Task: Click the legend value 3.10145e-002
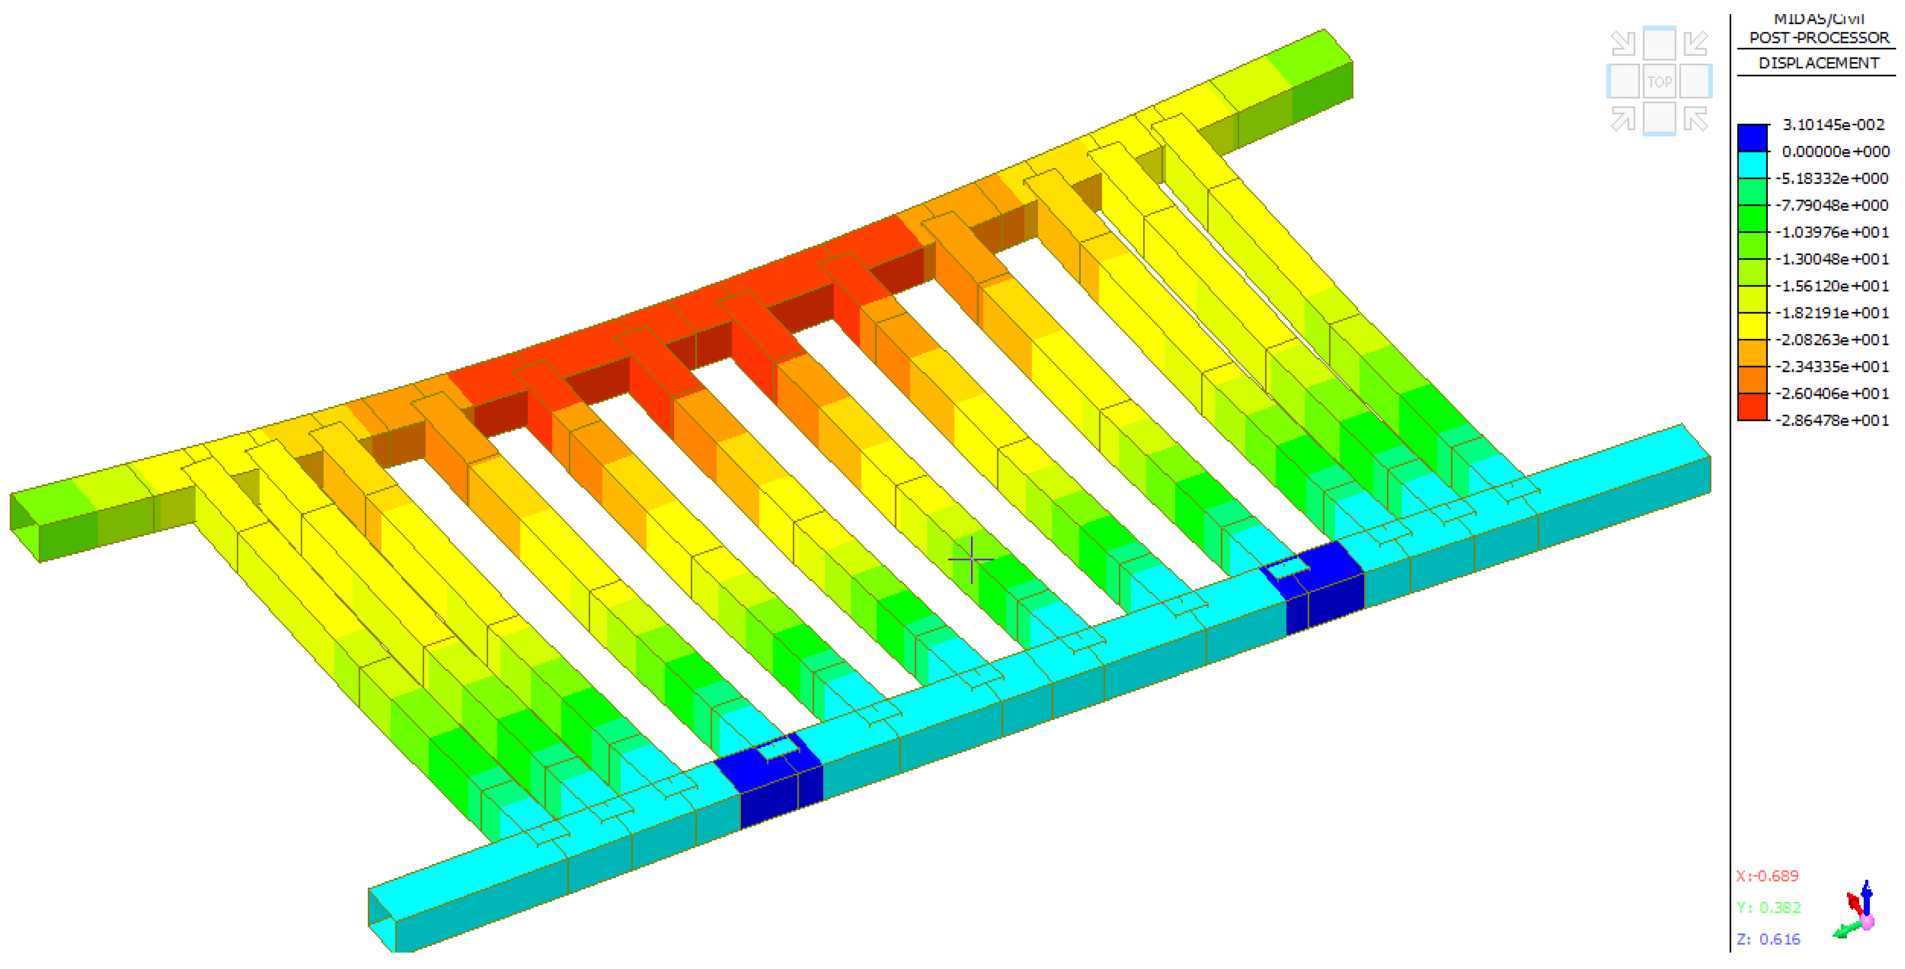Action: click(x=1833, y=124)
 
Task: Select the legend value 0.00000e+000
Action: click(x=1836, y=151)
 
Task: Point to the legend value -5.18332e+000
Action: click(x=1832, y=178)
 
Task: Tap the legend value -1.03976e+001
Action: click(x=1832, y=232)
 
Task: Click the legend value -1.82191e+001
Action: click(x=1832, y=312)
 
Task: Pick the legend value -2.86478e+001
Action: click(x=1832, y=420)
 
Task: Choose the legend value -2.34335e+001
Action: click(x=1832, y=366)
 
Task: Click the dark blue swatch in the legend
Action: click(x=1752, y=138)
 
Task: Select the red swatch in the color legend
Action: click(x=1752, y=406)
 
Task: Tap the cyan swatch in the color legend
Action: click(x=1752, y=165)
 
